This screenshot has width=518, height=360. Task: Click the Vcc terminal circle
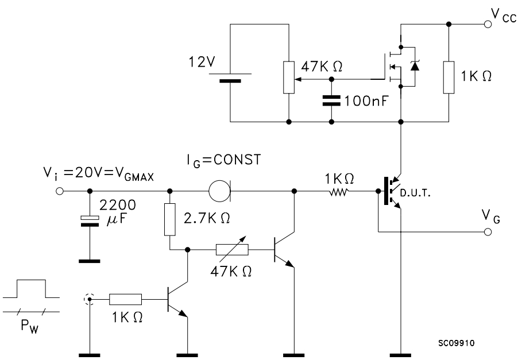[x=488, y=24]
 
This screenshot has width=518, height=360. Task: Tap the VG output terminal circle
[x=488, y=232]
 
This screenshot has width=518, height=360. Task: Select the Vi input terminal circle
[x=60, y=191]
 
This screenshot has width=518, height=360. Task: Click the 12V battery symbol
[x=230, y=78]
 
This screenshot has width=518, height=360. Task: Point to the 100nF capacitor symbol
[x=331, y=100]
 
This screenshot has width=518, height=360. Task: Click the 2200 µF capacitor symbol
[x=90, y=221]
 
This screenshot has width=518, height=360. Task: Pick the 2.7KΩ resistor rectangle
[x=170, y=220]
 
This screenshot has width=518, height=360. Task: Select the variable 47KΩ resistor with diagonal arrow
[x=232, y=250]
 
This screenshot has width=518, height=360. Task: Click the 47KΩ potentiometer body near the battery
[x=289, y=78]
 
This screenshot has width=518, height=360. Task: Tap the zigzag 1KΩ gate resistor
[x=339, y=191]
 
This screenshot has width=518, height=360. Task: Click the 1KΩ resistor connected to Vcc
[x=449, y=78]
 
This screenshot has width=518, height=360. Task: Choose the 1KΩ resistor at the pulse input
[x=126, y=299]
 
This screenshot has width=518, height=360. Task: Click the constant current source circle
[x=219, y=191]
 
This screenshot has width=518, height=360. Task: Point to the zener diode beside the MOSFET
[x=415, y=65]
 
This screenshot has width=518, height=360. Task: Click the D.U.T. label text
[x=415, y=193]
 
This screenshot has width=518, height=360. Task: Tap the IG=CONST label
[x=223, y=161]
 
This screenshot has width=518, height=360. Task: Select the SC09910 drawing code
[x=456, y=343]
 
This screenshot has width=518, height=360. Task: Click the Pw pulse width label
[x=29, y=326]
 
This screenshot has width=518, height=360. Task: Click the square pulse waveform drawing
[x=32, y=289]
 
